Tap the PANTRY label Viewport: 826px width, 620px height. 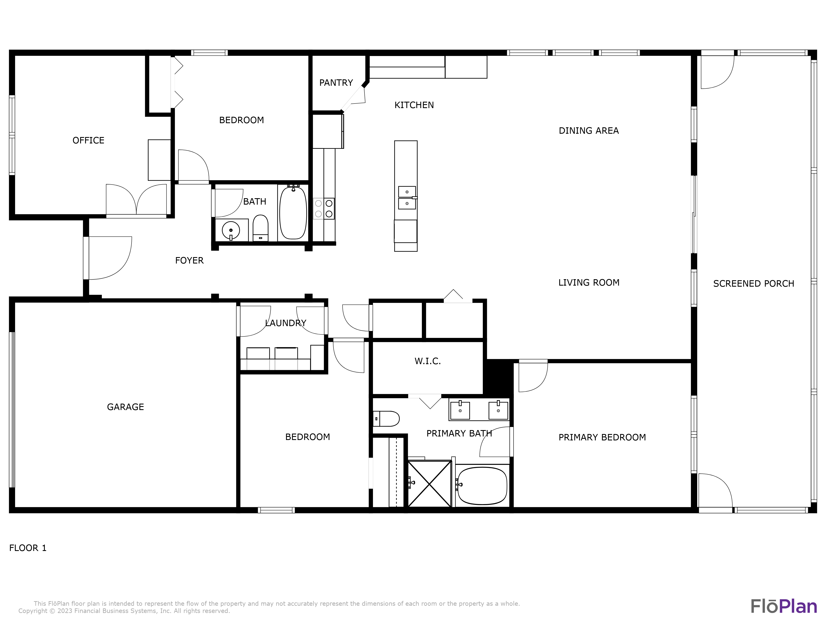tap(336, 83)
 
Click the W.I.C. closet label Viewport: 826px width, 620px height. tap(428, 361)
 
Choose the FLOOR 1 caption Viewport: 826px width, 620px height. tap(28, 548)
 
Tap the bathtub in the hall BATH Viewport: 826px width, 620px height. tap(293, 212)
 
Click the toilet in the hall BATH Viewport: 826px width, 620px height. tap(260, 228)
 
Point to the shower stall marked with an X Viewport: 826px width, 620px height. tap(430, 484)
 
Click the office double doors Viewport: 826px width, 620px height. tap(136, 200)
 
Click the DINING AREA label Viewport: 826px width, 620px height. tap(589, 130)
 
